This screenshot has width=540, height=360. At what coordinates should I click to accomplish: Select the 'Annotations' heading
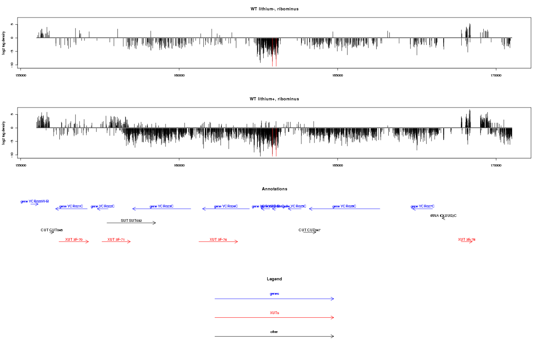point(274,189)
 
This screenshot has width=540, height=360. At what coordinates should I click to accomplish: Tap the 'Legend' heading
point(274,279)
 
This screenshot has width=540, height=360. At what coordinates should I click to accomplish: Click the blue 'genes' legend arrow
point(274,299)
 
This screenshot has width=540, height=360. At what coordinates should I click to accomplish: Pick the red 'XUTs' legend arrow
point(274,318)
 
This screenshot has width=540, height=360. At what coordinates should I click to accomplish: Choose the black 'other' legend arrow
point(274,336)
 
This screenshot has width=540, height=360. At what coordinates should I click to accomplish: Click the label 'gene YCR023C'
point(162,207)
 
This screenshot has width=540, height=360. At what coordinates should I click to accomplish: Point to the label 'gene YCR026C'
point(344,207)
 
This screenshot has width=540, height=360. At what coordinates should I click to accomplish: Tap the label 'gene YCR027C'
point(423,207)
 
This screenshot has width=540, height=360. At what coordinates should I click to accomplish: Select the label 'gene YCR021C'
point(71,207)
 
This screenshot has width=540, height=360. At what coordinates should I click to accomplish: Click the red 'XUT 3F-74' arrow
point(218,242)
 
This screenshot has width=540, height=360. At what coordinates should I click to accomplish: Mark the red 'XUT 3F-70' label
point(74,239)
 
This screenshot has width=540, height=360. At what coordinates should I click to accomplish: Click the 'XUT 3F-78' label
point(467,239)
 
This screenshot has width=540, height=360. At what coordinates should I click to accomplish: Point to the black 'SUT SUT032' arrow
point(131,223)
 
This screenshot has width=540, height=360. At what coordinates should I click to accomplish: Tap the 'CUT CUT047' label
point(310,230)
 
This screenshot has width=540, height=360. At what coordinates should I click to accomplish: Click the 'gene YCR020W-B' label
point(35,201)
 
